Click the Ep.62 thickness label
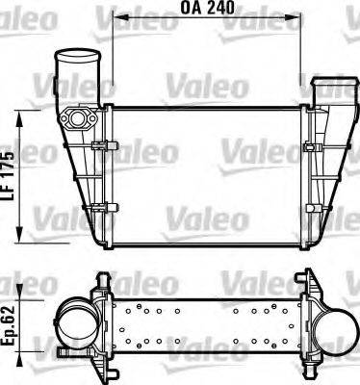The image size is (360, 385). [x=10, y=326]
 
